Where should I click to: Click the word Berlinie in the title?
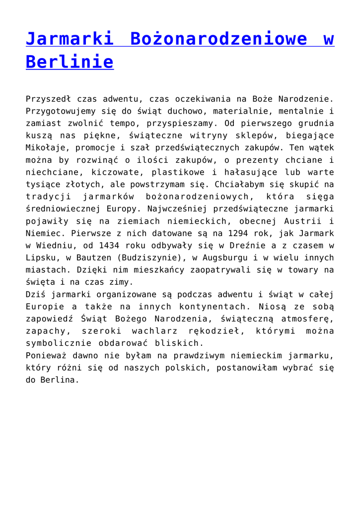[70, 62]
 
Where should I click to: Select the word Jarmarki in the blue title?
[69, 38]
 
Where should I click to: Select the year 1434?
[109, 246]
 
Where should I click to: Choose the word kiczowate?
[99, 173]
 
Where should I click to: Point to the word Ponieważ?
[45, 356]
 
